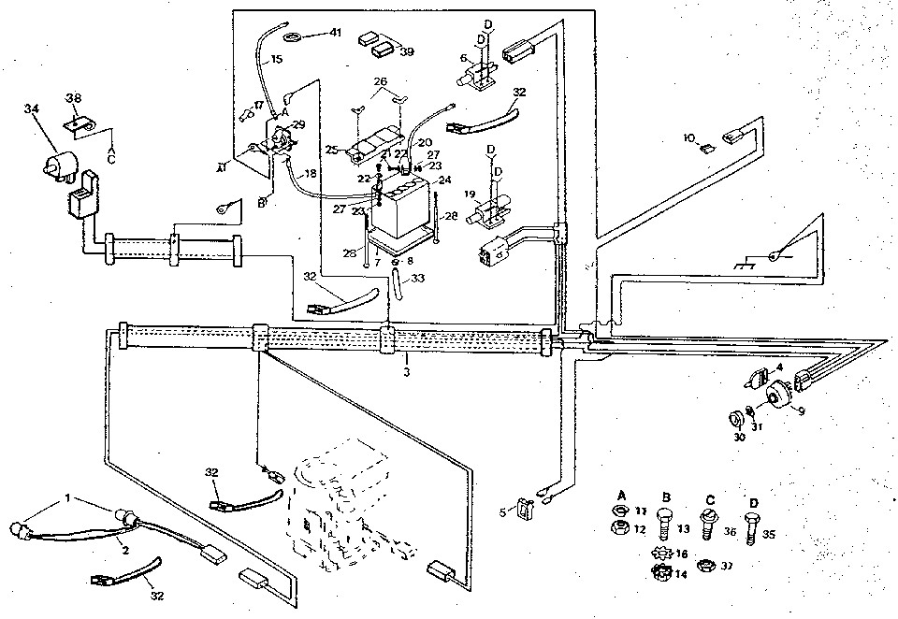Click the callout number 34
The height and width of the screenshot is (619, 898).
point(33,110)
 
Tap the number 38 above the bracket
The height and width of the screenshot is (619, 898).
point(73,97)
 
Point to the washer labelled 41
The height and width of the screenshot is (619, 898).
point(291,35)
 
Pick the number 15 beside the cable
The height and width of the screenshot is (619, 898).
point(276,60)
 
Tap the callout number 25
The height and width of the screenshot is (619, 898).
point(331,150)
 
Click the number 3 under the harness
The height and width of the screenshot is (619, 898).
point(406,372)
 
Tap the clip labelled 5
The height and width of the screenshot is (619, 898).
point(525,511)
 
